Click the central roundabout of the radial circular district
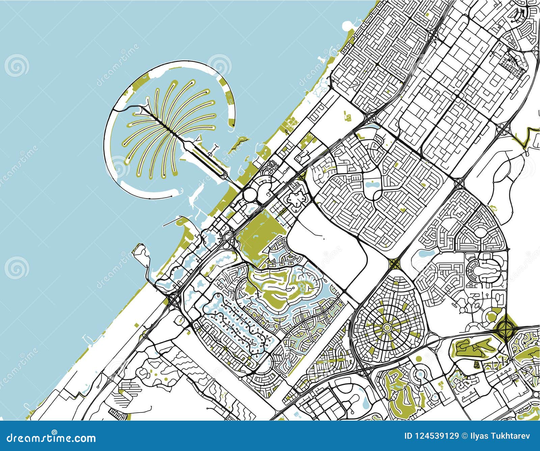386,327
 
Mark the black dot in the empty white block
323,238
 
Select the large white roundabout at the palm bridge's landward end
250,194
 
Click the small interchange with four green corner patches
394,263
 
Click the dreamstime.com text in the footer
49,438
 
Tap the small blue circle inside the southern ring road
421,374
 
